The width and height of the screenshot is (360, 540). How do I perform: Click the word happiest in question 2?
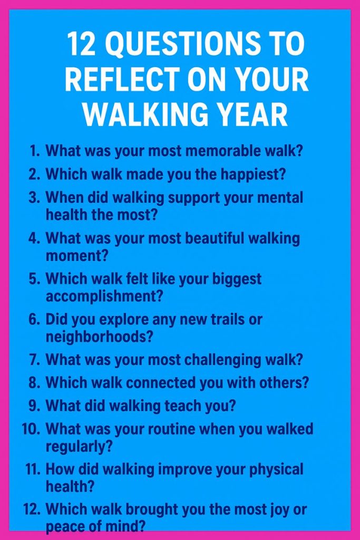click(253, 175)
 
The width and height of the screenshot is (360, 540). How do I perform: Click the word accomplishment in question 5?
click(104, 296)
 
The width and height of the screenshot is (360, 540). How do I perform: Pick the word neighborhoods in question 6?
click(99, 336)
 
